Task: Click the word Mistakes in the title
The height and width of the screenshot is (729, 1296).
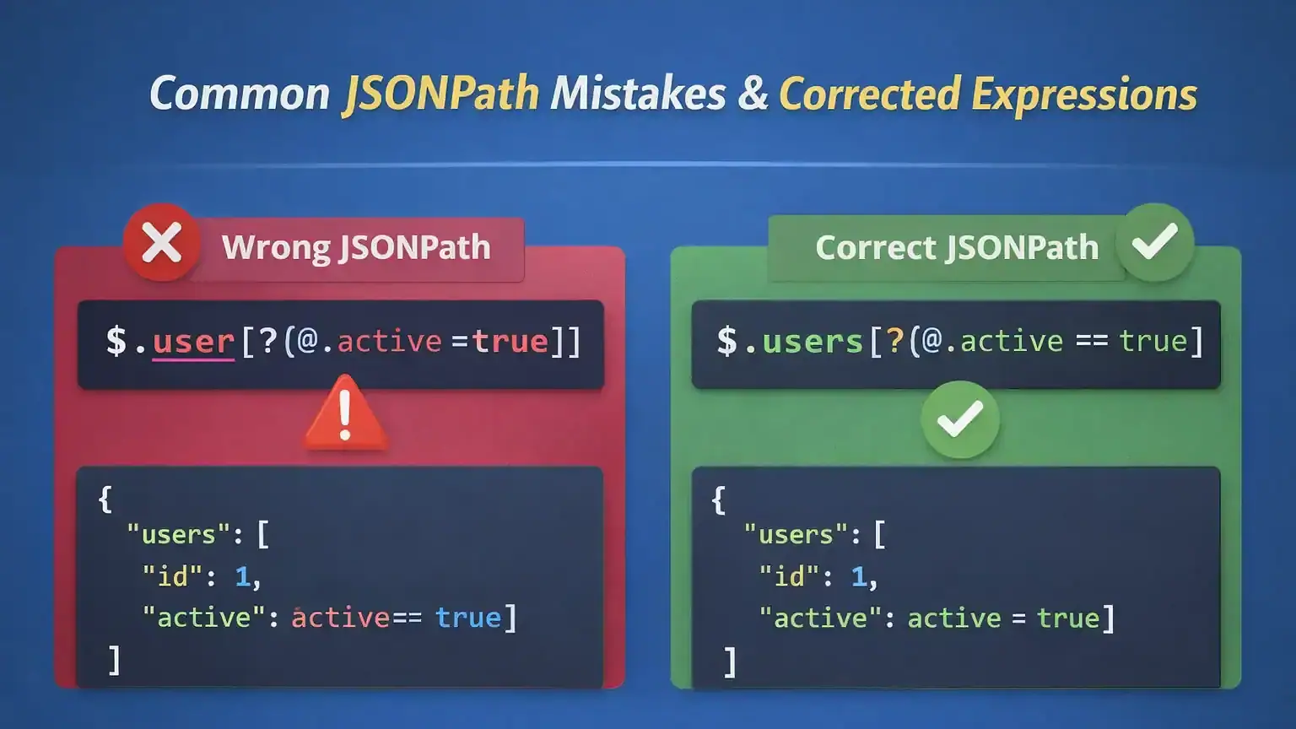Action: [x=638, y=93]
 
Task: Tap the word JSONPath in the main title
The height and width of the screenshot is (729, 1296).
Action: [x=440, y=93]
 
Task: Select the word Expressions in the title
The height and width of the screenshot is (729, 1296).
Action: [x=1084, y=94]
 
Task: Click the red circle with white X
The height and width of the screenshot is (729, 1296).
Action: [x=161, y=243]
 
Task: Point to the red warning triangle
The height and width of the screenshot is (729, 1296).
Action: [x=345, y=414]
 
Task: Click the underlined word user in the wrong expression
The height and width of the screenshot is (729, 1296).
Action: [x=193, y=342]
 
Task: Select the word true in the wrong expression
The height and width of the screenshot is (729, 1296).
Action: [x=510, y=342]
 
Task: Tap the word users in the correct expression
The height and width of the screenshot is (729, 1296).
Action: [x=812, y=342]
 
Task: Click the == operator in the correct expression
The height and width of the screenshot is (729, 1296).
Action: [x=1092, y=342]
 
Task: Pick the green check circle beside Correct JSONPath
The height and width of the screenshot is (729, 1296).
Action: [x=1154, y=242]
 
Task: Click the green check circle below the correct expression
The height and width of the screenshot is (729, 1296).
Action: [x=960, y=419]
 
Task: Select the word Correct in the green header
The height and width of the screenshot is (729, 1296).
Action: [x=875, y=247]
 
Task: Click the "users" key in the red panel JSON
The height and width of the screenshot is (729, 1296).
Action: [x=178, y=534]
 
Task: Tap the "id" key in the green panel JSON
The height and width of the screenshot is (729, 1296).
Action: [x=789, y=576]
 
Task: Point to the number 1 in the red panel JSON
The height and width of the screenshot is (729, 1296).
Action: [x=243, y=576]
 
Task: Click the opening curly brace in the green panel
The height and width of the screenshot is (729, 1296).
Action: [x=718, y=499]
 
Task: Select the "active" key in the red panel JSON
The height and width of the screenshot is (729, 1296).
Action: [x=204, y=618]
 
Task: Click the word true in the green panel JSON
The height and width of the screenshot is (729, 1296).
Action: [x=1068, y=618]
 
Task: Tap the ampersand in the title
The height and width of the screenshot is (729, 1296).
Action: [x=752, y=93]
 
